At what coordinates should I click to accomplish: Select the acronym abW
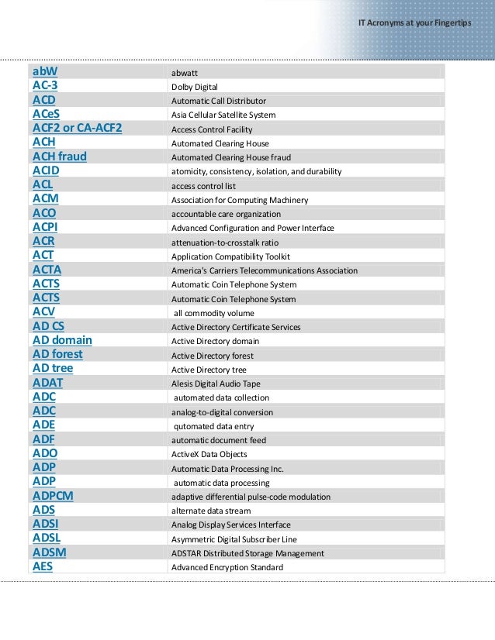coord(46,72)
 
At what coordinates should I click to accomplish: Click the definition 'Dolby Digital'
coord(194,87)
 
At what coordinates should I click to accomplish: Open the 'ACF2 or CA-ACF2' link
coord(78,129)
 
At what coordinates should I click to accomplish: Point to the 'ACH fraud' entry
coord(60,157)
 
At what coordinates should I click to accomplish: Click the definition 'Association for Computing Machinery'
coord(239,200)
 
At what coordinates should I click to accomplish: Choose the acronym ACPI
coord(45,227)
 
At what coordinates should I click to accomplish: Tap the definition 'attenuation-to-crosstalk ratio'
coord(224,243)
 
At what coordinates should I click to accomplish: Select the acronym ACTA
coord(47,270)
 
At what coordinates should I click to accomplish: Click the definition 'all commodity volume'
coord(213,313)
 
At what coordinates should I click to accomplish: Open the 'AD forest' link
coord(57,354)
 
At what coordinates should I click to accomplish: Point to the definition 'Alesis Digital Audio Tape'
coord(216,384)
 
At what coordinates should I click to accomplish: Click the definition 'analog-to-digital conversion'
coord(222,412)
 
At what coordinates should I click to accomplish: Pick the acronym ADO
coord(45,453)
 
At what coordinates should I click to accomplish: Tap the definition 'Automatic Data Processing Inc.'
coord(227,469)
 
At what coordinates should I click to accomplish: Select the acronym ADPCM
coord(53,496)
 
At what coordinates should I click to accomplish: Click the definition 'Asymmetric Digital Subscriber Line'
coord(234,539)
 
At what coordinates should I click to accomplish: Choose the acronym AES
coord(43,566)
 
